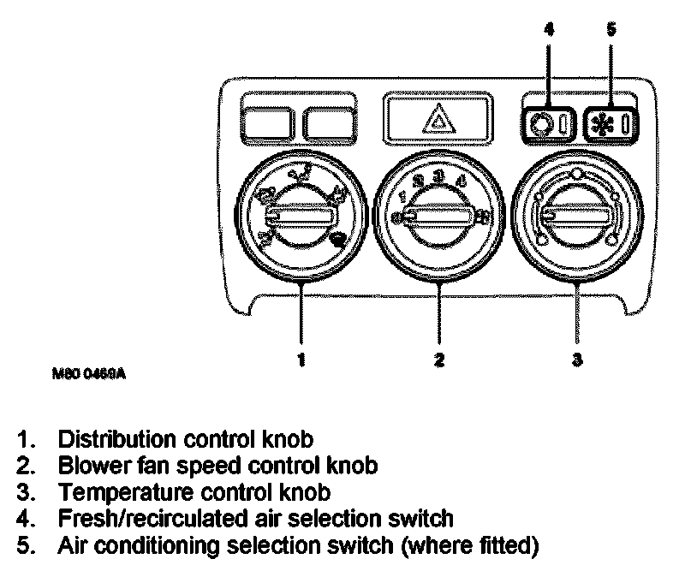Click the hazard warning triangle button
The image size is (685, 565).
(438, 119)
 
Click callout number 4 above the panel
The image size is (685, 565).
(549, 29)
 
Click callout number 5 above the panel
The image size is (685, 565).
(610, 29)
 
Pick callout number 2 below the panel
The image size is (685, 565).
(439, 360)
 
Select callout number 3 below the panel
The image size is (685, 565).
(577, 360)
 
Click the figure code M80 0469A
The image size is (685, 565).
(87, 374)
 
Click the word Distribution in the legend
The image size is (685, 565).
(115, 440)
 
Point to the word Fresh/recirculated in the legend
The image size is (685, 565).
(146, 519)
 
